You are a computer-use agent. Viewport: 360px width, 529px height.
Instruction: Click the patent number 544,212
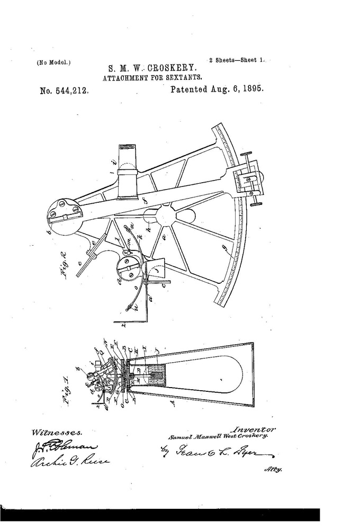pos(64,91)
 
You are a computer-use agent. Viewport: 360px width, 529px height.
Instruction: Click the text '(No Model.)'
pos(54,62)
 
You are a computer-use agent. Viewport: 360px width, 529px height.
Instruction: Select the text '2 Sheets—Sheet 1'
pos(237,60)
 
